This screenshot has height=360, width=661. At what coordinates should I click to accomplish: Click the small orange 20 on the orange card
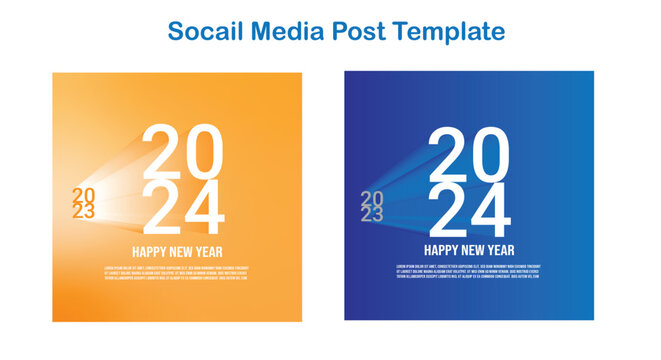click(83, 195)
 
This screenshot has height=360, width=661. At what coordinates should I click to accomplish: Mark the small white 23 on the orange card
click(83, 211)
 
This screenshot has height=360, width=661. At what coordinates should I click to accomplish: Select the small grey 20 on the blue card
click(371, 199)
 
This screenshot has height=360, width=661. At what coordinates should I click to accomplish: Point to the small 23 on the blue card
click(371, 215)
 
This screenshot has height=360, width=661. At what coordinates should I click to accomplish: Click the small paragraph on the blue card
click(468, 272)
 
